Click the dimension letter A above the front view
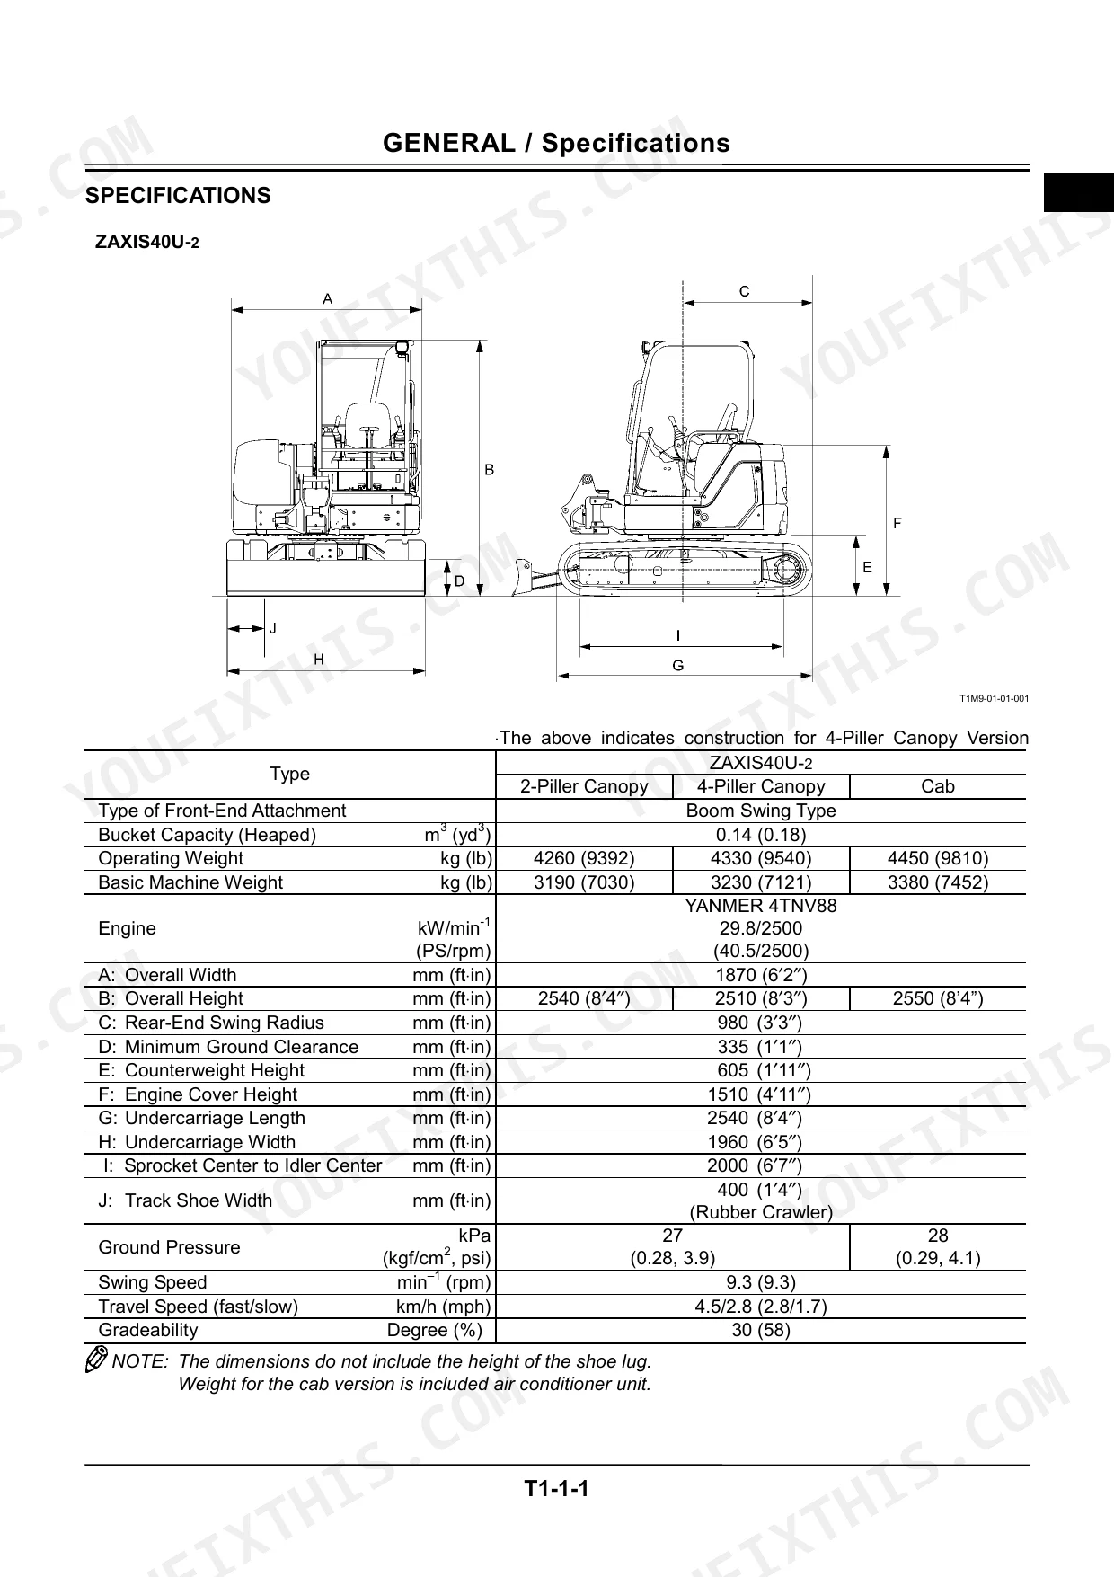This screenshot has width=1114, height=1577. pos(328,298)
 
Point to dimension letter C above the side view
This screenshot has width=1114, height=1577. pos(745,291)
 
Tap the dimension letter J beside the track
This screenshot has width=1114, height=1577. pos(273,628)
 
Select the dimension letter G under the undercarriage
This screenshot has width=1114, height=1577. pos(678,666)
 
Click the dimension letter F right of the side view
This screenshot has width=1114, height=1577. pos(897,523)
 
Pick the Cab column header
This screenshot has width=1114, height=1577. pos(938,786)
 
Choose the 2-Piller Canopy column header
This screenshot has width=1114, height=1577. pos(584,786)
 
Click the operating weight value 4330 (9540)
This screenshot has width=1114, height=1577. pos(761,858)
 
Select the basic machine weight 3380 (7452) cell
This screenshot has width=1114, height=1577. pos(938,882)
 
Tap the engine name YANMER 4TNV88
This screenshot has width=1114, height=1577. pos(761,906)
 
